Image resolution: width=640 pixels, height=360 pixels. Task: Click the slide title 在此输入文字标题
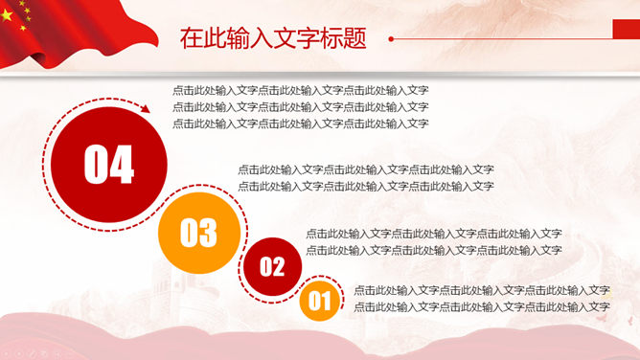point(273,39)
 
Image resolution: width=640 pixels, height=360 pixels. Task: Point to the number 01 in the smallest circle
point(319,304)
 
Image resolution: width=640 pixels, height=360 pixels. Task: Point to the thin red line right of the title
point(498,39)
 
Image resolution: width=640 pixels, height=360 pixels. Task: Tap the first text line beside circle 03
point(366,169)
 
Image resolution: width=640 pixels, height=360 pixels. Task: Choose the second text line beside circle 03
point(366,186)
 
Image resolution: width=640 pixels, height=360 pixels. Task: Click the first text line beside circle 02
point(434,233)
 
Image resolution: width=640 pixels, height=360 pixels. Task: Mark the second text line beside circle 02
point(434,249)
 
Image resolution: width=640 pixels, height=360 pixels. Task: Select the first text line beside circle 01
point(482,290)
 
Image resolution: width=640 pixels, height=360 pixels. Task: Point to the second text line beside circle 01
point(482,306)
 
